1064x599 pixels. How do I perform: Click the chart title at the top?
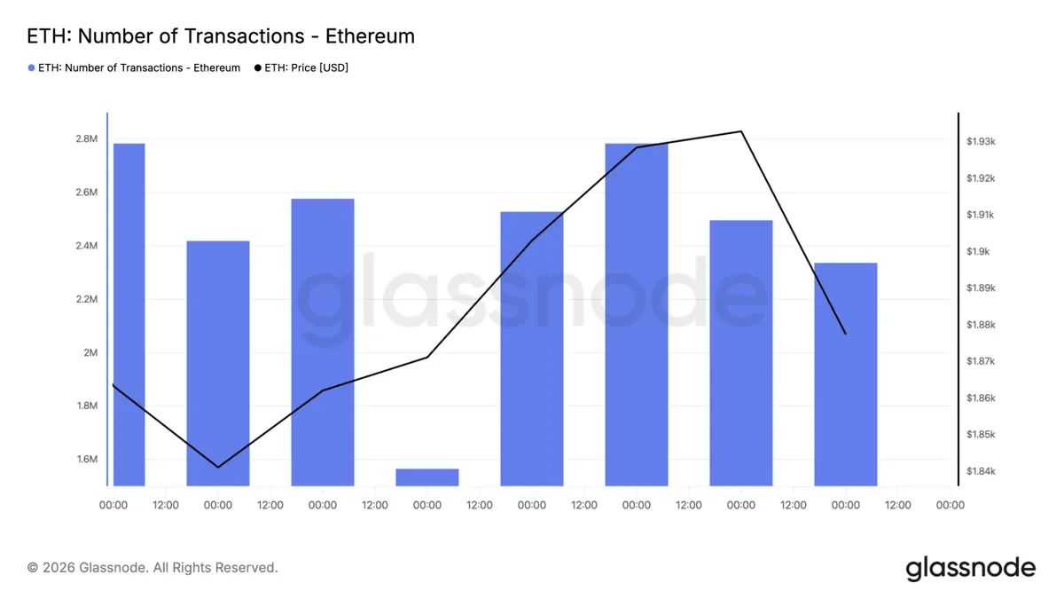pos(221,36)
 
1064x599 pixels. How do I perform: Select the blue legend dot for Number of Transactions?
pos(31,68)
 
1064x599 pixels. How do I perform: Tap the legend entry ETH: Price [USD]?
pos(301,68)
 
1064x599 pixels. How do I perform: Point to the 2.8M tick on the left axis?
pos(87,138)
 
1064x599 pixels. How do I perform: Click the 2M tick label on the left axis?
pos(90,353)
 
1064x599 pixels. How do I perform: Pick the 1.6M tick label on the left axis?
pos(87,460)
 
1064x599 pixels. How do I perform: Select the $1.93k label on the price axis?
pos(981,142)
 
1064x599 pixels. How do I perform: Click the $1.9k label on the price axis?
pos(978,251)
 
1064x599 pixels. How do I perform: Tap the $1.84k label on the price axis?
pos(981,471)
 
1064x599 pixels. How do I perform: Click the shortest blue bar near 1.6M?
pos(427,477)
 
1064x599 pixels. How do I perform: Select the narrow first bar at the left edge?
pos(129,315)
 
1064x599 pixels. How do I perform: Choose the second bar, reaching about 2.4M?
pos(218,363)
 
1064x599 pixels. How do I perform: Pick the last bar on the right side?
pos(846,374)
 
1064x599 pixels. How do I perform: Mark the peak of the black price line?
pos(741,131)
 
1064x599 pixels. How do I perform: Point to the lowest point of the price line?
pos(218,468)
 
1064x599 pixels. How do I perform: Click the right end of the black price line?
pos(846,334)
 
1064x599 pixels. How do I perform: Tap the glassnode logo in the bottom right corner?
pos(970,568)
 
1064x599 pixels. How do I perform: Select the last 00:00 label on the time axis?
pos(950,505)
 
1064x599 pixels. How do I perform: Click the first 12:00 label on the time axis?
pos(165,505)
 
